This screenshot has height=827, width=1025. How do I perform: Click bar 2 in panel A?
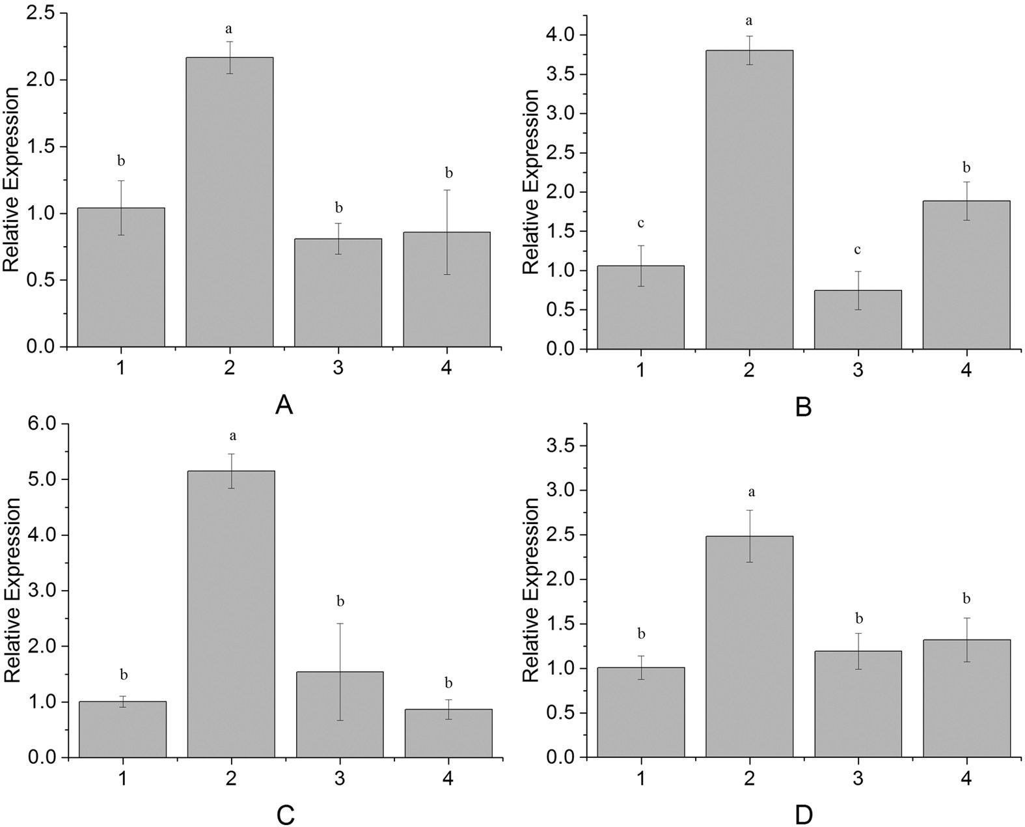click(229, 202)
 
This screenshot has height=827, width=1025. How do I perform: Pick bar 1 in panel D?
click(641, 712)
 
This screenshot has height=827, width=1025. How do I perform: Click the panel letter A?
click(284, 406)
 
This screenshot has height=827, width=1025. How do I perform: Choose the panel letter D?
click(803, 815)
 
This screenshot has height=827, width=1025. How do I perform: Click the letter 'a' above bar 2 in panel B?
click(749, 21)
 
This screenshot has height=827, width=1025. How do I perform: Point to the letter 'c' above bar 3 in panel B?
click(858, 250)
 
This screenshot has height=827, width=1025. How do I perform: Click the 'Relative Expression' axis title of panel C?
click(13, 591)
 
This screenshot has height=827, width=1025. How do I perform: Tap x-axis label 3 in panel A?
click(338, 369)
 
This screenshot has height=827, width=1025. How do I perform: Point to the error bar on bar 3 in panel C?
click(339, 671)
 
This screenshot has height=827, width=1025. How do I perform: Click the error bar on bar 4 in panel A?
click(446, 232)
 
